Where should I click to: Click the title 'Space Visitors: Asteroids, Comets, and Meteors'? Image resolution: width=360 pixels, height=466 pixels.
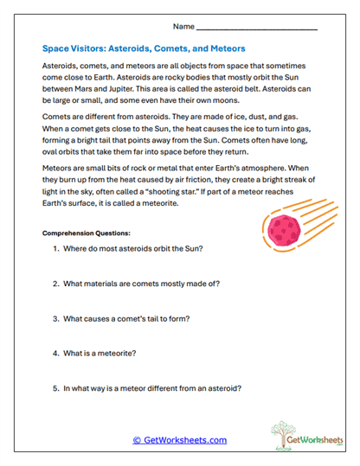pos(144,48)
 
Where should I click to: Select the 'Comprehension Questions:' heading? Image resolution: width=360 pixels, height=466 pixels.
pos(86,233)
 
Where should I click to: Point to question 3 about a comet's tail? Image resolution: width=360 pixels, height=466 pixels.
pos(127,318)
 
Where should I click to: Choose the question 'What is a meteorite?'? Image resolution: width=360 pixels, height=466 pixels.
pos(105,353)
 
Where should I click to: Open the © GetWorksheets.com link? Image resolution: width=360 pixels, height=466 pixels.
pos(180,440)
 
